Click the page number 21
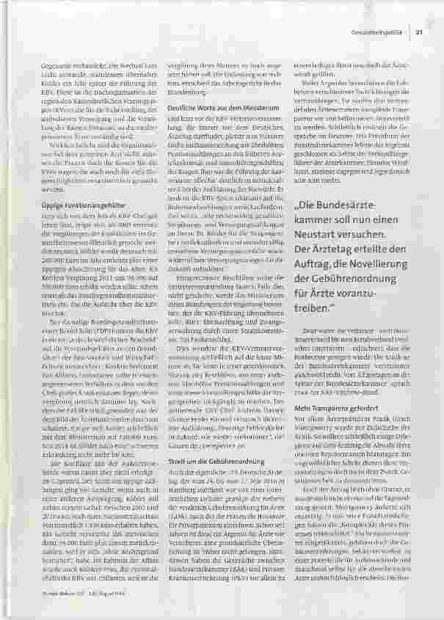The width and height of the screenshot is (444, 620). coord(418,30)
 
